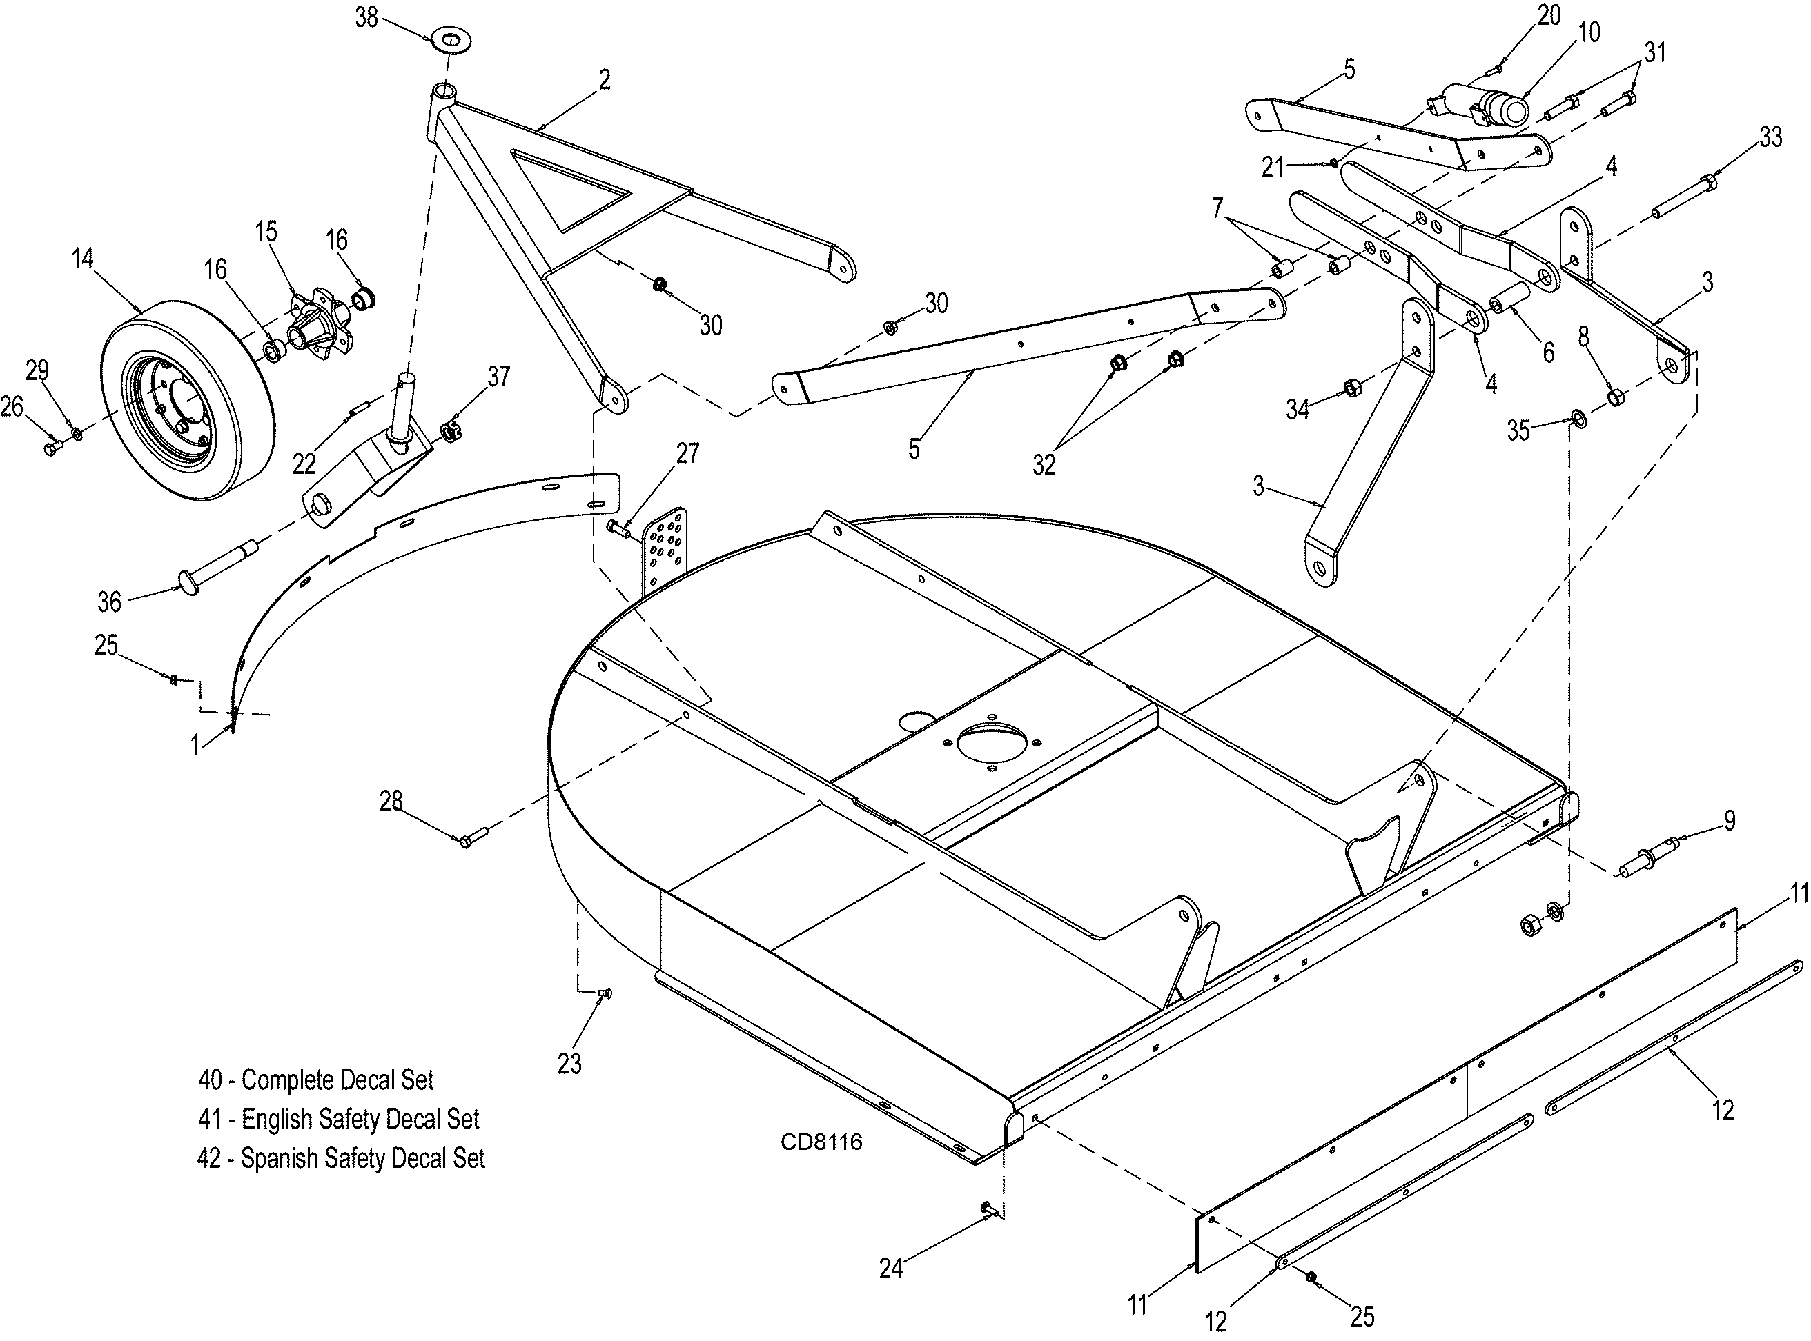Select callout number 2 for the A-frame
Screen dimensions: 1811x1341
tap(604, 79)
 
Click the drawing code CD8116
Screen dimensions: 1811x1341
tap(821, 1142)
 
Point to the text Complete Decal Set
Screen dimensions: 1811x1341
tap(337, 1080)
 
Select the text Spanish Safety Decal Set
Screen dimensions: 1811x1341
tap(363, 1158)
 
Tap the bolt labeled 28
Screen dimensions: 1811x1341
tap(473, 836)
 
